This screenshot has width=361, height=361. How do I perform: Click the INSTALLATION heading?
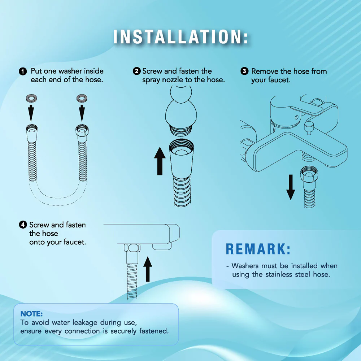point(181,37)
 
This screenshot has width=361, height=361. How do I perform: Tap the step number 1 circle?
point(23,71)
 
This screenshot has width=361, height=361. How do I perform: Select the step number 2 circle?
point(137,71)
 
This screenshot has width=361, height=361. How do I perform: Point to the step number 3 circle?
point(244,71)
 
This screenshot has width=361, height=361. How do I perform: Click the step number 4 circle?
point(23,225)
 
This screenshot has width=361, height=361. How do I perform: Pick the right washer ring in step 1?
point(82,98)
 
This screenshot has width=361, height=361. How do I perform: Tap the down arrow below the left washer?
point(31,113)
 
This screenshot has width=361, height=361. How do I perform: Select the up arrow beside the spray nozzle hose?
point(160,161)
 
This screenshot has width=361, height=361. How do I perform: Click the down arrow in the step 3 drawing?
point(291,187)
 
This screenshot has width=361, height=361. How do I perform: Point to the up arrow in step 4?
point(148,269)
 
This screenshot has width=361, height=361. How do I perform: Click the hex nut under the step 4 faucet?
point(132,248)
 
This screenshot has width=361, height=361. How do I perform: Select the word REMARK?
point(258,249)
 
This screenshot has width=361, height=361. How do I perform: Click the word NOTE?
point(31,314)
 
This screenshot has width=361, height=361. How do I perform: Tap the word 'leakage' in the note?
point(85,323)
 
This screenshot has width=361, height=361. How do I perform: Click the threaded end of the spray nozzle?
point(181,130)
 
